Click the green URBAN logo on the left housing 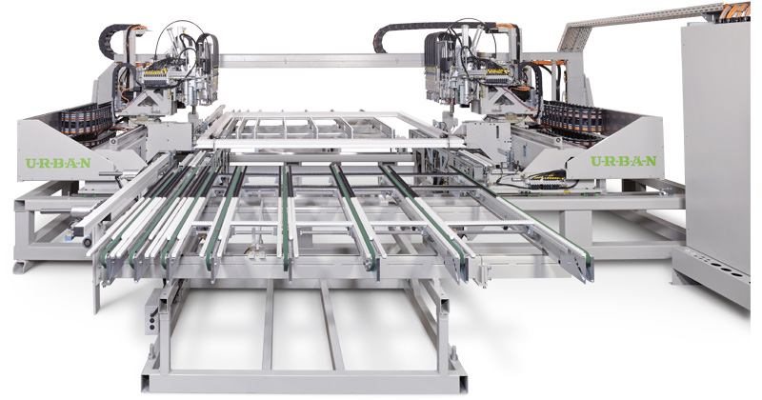click(58, 163)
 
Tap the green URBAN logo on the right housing click(624, 161)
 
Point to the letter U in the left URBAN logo click(30, 163)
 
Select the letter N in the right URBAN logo click(651, 161)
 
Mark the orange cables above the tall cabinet click(736, 10)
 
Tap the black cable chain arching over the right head click(437, 30)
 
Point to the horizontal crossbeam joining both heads click(321, 61)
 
